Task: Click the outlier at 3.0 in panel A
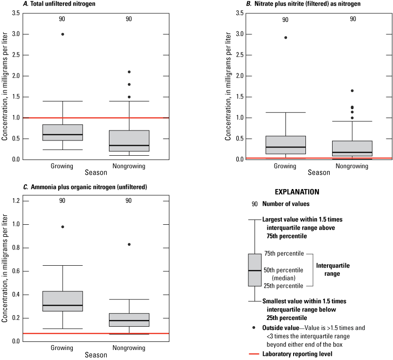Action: click(62, 34)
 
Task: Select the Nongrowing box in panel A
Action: click(128, 141)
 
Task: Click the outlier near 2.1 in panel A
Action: click(128, 72)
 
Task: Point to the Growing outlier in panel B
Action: click(285, 38)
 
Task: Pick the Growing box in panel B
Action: click(285, 145)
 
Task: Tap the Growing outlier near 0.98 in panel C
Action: click(62, 227)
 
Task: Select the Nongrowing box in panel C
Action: click(128, 320)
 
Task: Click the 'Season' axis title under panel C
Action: click(96, 355)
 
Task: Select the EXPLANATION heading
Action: click(297, 192)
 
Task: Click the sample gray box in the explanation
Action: click(255, 270)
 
